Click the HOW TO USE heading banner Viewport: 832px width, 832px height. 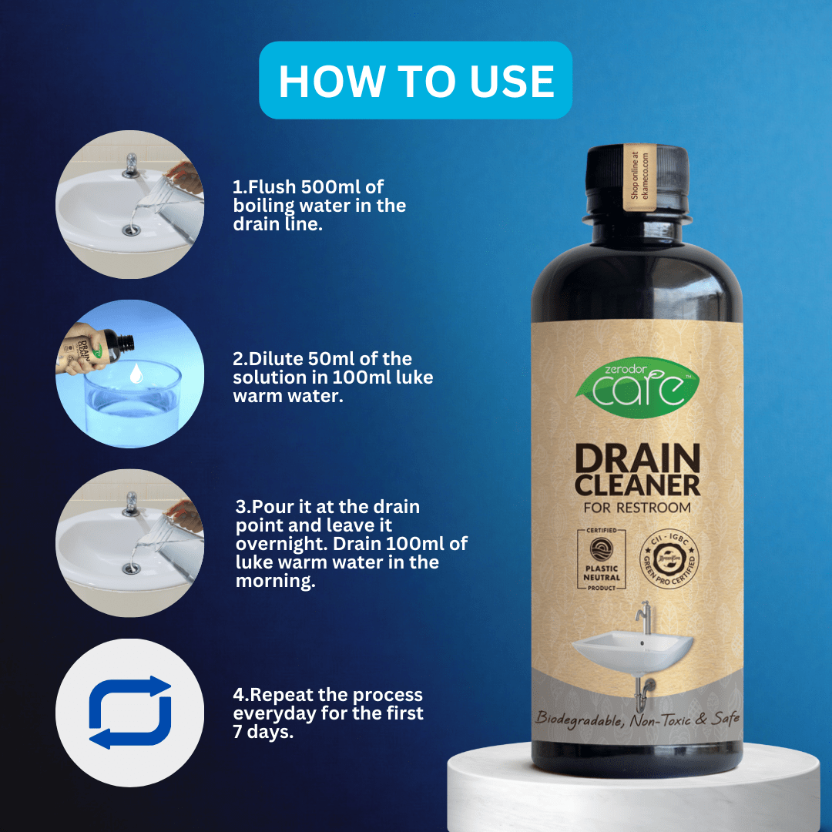click(416, 81)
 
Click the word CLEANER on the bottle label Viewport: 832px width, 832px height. click(636, 485)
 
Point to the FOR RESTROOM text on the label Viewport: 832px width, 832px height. click(636, 508)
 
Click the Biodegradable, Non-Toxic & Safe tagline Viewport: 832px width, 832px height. click(637, 719)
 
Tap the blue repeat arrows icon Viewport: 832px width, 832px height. click(129, 712)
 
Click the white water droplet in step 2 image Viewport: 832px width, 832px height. click(136, 374)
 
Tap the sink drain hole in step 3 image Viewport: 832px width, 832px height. click(132, 569)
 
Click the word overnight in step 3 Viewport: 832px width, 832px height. click(274, 544)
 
